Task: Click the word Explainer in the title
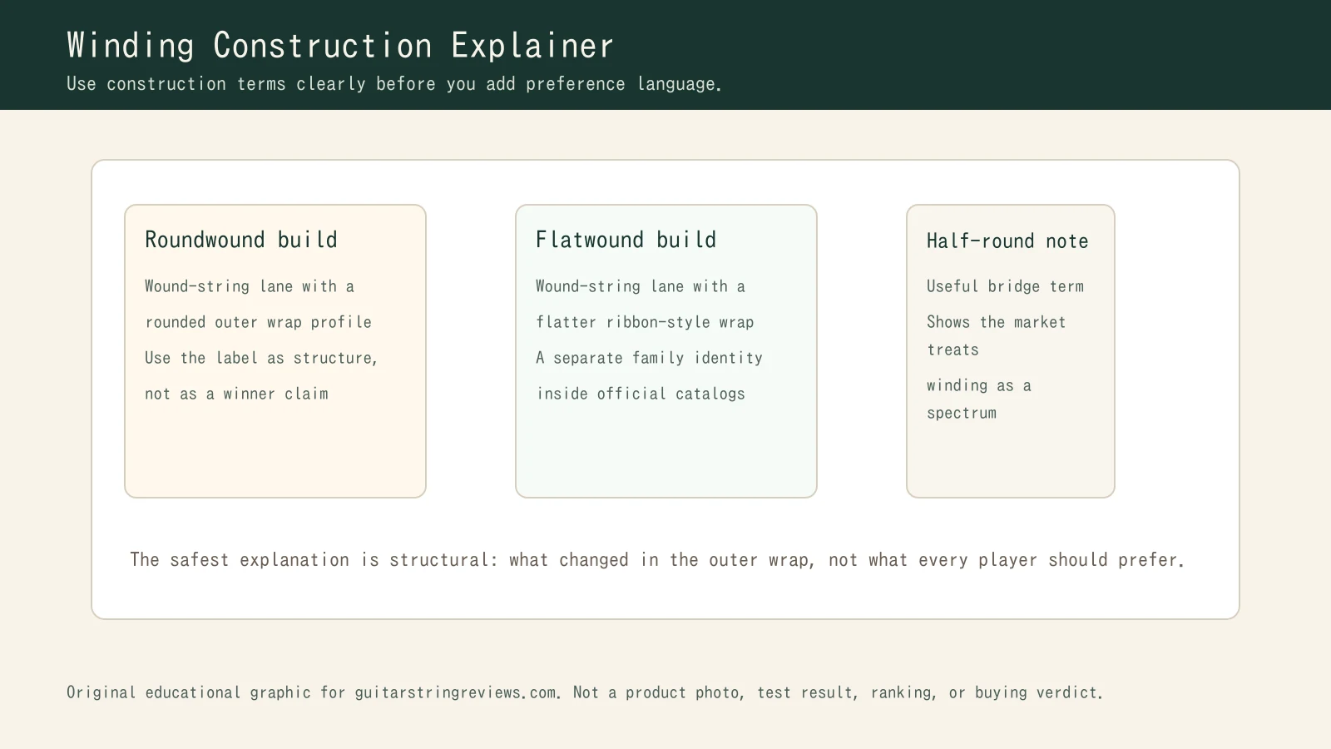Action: (532, 46)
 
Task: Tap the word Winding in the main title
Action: (131, 46)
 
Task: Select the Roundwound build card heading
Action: (241, 240)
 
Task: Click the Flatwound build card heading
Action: (626, 240)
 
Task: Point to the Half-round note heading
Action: (1007, 241)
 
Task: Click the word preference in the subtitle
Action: (575, 84)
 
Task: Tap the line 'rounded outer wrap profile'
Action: (258, 322)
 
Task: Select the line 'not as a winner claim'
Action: (236, 394)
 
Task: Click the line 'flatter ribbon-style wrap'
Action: (645, 322)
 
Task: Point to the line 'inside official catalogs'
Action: (641, 394)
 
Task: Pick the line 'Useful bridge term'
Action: (1005, 286)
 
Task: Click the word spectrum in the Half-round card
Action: (961, 413)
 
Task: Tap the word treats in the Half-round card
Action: (952, 350)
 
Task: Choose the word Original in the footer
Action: (101, 692)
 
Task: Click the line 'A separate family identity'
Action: (649, 358)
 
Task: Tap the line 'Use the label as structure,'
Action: (260, 358)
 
